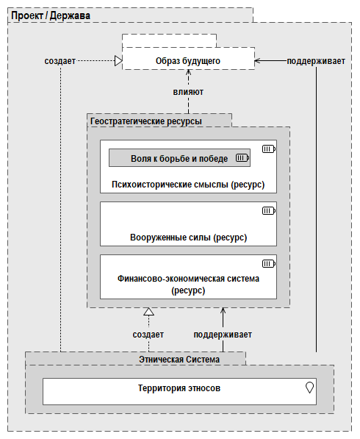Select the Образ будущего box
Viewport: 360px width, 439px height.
[x=187, y=60]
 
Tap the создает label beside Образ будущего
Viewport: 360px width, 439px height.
[x=60, y=60]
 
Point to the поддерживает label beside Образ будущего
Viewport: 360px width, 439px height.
[x=316, y=60]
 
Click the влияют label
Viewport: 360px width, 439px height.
[x=188, y=93]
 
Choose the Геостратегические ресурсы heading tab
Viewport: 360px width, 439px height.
[x=145, y=120]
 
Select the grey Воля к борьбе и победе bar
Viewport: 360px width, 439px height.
[x=179, y=157]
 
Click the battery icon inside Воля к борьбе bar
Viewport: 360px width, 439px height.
[x=242, y=157]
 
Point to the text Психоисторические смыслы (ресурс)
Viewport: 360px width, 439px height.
[x=187, y=184]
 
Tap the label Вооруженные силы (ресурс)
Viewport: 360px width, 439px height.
[x=187, y=238]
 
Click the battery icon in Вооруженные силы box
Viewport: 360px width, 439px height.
[x=268, y=211]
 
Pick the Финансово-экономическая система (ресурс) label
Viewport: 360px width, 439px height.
[x=187, y=285]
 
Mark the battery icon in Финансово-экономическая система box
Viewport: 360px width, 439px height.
[x=268, y=263]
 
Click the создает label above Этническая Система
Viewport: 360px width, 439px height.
[x=148, y=335]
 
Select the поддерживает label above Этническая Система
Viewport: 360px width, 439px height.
[x=223, y=335]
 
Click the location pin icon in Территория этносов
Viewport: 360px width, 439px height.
[x=309, y=388]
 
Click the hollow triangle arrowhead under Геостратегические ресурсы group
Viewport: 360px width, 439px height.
[x=148, y=312]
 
